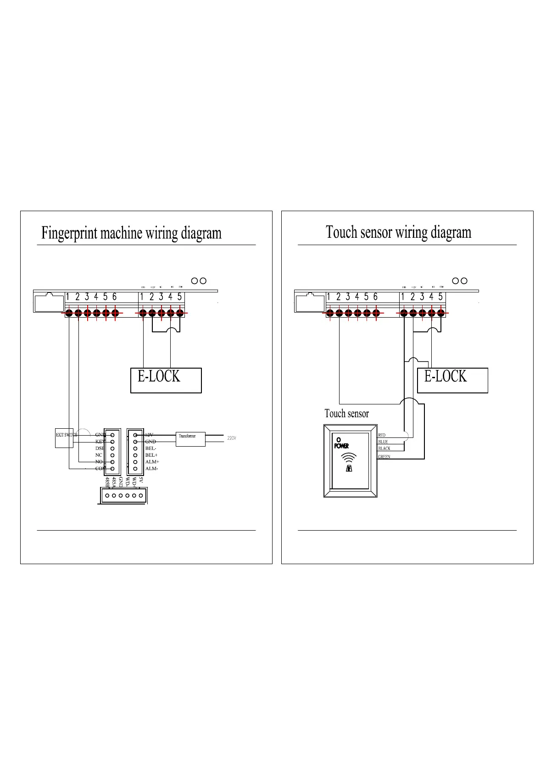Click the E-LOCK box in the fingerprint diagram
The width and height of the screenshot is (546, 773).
166,380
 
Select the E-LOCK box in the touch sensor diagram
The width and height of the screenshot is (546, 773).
452,380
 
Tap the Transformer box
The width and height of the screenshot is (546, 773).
190,438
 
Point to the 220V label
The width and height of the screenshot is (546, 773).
232,438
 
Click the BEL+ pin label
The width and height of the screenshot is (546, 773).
151,455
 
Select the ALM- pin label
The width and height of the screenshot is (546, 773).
152,469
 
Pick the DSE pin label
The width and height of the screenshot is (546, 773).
100,448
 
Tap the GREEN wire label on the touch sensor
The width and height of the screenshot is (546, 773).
384,457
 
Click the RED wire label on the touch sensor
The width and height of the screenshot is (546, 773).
382,435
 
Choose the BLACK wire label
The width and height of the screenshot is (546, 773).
384,448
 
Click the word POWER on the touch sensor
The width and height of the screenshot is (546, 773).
341,446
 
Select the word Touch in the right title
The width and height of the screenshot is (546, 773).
342,232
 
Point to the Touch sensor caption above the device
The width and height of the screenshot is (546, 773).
346,414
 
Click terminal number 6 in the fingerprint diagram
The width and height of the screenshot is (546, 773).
115,297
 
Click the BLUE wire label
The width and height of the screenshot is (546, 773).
383,442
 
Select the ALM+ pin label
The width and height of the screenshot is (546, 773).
152,462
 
